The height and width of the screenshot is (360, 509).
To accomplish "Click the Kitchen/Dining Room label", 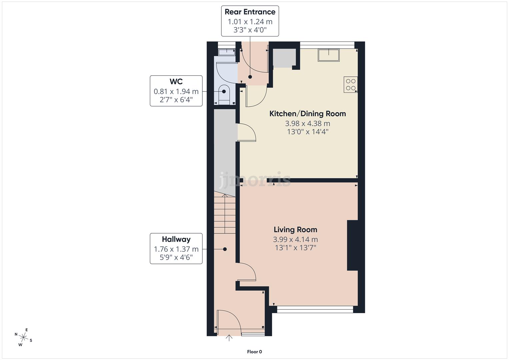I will (307, 114).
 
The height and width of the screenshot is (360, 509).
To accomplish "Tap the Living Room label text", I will (295, 230).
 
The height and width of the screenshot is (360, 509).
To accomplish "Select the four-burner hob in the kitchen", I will (350, 84).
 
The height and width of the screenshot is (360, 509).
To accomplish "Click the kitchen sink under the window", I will (329, 55).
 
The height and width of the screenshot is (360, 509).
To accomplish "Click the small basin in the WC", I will (227, 52).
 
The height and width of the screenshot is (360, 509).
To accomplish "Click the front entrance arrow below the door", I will (229, 338).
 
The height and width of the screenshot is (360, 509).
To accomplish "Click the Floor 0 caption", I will (254, 352).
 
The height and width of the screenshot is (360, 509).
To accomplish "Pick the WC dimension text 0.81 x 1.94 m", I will (176, 91).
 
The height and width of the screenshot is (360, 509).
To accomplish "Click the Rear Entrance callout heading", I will (250, 12).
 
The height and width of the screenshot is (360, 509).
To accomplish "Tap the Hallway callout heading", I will (176, 239).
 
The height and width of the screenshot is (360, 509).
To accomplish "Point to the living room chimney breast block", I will (352, 245).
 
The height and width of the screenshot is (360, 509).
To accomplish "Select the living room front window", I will (315, 310).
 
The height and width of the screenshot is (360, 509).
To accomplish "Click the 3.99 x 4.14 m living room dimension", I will (295, 239).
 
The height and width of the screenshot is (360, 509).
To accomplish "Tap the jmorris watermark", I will (255, 180).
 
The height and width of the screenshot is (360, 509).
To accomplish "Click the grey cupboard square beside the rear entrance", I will (284, 58).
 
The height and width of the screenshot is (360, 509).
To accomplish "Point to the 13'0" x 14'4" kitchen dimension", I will (307, 132).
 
